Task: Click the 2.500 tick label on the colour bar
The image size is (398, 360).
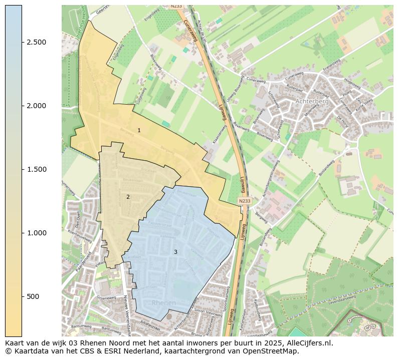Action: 36,42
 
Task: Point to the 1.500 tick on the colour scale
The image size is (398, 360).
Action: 36,169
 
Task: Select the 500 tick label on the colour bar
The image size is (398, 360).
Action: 33,296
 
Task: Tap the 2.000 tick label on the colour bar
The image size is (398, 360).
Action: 36,106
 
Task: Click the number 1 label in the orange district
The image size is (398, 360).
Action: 139,130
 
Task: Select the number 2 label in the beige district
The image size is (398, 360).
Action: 128,197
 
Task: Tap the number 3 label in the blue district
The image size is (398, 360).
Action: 175,252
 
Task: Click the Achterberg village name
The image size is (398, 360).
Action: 312,101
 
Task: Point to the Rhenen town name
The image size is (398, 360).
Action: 163,303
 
